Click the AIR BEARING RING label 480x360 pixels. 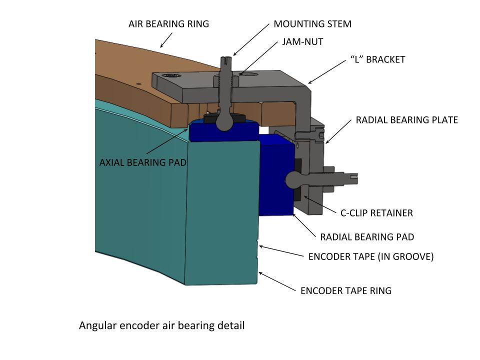tap(168, 24)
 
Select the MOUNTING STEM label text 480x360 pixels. tap(312, 24)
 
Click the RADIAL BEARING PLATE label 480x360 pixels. tap(406, 120)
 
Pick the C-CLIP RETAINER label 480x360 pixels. tap(376, 213)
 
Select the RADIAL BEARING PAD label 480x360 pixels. tap(367, 236)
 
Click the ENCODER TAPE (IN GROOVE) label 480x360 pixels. tap(370, 257)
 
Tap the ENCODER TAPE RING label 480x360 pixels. tap(345, 290)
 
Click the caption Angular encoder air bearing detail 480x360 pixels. tap(161, 326)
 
